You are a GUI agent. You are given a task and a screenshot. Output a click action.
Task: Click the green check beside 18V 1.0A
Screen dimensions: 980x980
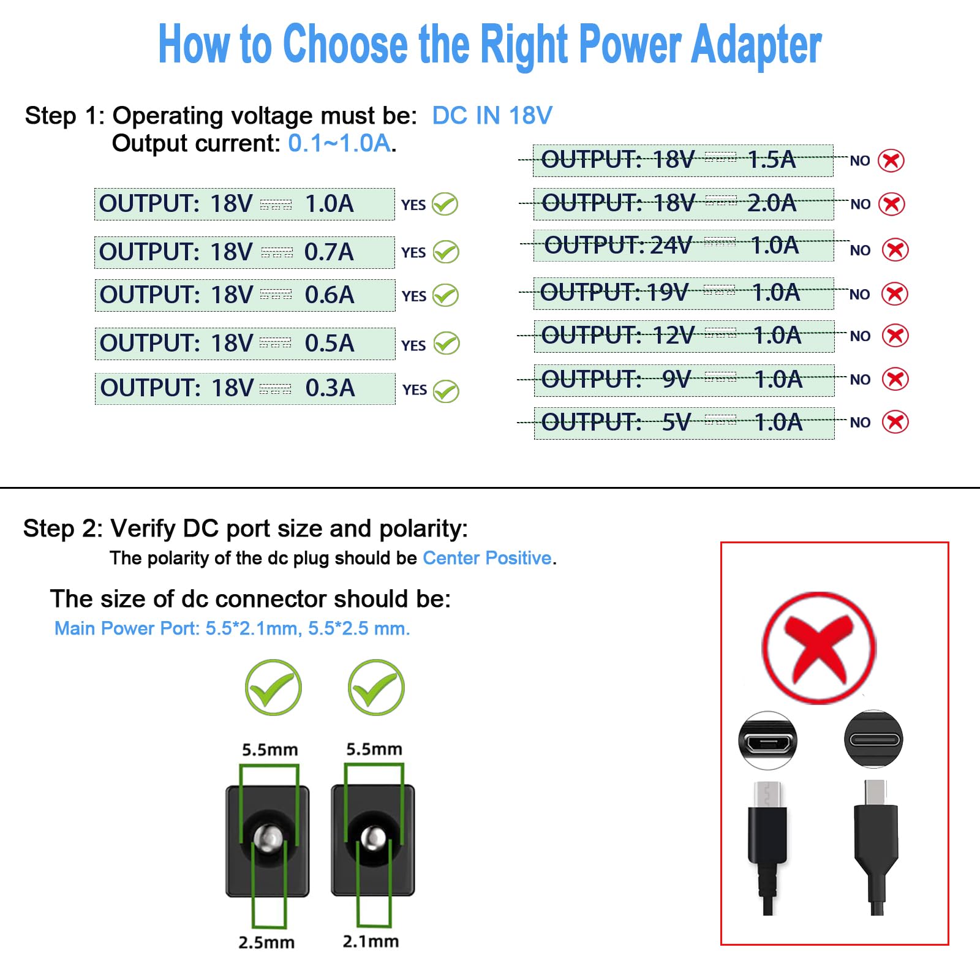445,204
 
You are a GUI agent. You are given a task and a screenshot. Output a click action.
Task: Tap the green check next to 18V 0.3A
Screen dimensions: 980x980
446,391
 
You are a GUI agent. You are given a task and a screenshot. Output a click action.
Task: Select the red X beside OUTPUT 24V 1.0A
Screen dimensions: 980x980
895,250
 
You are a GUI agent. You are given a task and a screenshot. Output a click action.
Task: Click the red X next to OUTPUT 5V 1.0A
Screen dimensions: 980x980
895,422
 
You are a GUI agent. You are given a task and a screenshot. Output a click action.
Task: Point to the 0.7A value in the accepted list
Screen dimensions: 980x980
329,252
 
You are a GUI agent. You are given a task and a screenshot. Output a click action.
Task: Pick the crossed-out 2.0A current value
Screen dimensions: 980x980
772,203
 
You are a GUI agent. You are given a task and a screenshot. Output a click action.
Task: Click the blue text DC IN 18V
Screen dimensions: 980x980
492,116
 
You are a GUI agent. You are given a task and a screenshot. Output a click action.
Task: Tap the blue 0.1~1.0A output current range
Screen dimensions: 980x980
339,143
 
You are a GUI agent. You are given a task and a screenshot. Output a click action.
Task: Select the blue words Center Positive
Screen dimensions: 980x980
487,558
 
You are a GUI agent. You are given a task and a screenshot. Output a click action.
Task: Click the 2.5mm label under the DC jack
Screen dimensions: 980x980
266,942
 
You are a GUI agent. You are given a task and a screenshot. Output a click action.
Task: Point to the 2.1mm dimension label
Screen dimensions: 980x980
371,941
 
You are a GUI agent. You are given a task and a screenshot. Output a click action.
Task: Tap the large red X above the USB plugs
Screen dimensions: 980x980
819,648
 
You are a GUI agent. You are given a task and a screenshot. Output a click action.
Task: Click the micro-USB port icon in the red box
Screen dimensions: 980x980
767,741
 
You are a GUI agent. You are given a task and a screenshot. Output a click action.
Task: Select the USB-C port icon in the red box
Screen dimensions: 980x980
873,739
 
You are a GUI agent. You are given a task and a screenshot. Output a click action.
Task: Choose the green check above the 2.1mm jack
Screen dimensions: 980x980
375,688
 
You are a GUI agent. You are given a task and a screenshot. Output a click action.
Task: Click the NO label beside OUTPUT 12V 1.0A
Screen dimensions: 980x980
860,336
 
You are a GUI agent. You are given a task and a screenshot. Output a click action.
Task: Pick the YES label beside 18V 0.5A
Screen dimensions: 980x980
413,345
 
